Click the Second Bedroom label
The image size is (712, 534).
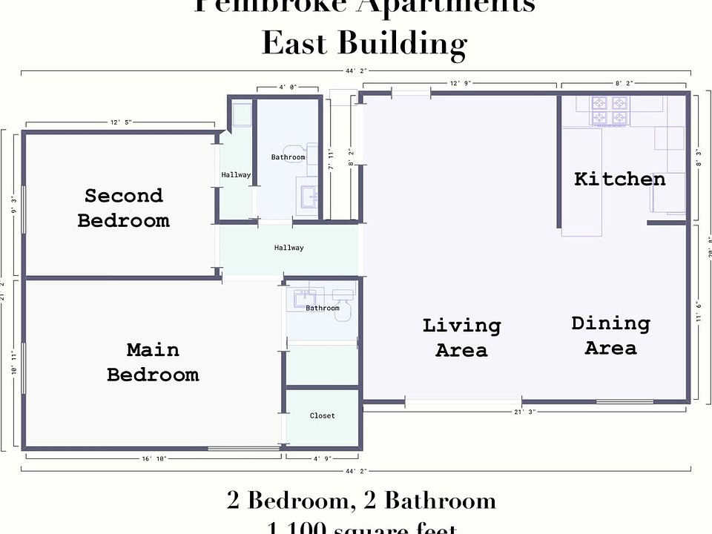point(123,208)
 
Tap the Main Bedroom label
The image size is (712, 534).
point(153,362)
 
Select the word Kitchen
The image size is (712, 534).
point(619,179)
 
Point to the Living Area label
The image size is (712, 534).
point(461,337)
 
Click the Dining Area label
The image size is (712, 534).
point(610,335)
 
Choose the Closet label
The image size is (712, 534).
point(322,416)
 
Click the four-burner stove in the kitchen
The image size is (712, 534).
point(610,111)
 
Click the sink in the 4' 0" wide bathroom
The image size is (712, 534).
point(308,196)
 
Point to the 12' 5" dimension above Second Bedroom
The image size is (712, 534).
point(120,122)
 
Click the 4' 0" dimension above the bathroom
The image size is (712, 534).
point(288,87)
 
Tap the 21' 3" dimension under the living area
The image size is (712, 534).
point(524,412)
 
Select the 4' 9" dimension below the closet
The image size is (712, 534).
point(322,459)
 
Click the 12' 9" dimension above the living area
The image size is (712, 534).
point(460,85)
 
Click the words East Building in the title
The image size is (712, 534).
point(363,44)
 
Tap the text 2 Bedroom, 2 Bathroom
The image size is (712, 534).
point(361,501)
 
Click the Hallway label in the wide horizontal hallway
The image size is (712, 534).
point(289,248)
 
